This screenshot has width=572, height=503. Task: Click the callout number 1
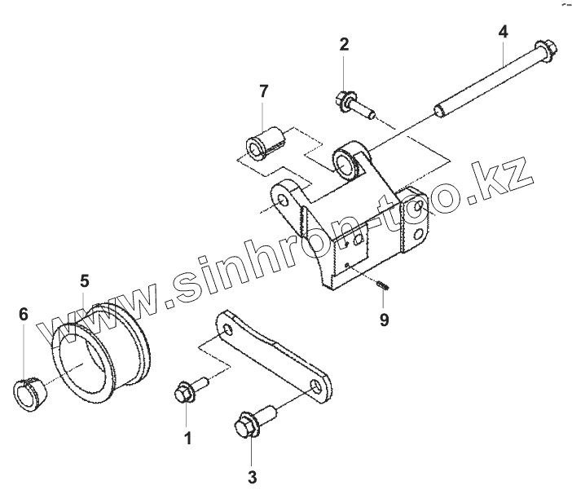pos(188,439)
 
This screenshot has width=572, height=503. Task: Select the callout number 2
pos(345,44)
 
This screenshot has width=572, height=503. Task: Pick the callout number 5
pos(85,281)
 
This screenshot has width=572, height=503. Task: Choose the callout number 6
pos(24,313)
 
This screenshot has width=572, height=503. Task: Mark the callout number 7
pos(263,91)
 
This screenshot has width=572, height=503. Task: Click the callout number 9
pos(384,320)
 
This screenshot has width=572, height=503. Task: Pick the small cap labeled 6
pos(31,389)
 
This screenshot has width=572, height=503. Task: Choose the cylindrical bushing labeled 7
pos(266,141)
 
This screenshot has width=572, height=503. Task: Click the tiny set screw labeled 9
pos(384,285)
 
